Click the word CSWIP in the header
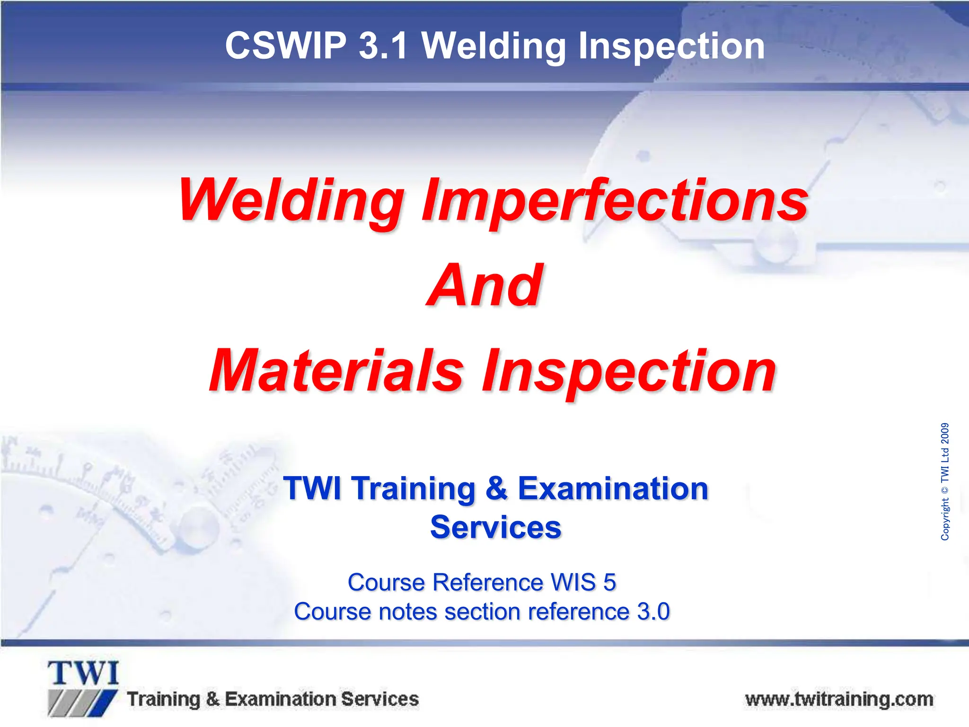tap(286, 46)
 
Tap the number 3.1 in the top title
tap(383, 46)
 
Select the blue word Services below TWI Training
tap(495, 527)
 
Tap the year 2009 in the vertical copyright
tap(944, 434)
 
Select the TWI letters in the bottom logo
tap(83, 674)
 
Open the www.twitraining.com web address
tap(839, 699)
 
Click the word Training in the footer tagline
tap(164, 699)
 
